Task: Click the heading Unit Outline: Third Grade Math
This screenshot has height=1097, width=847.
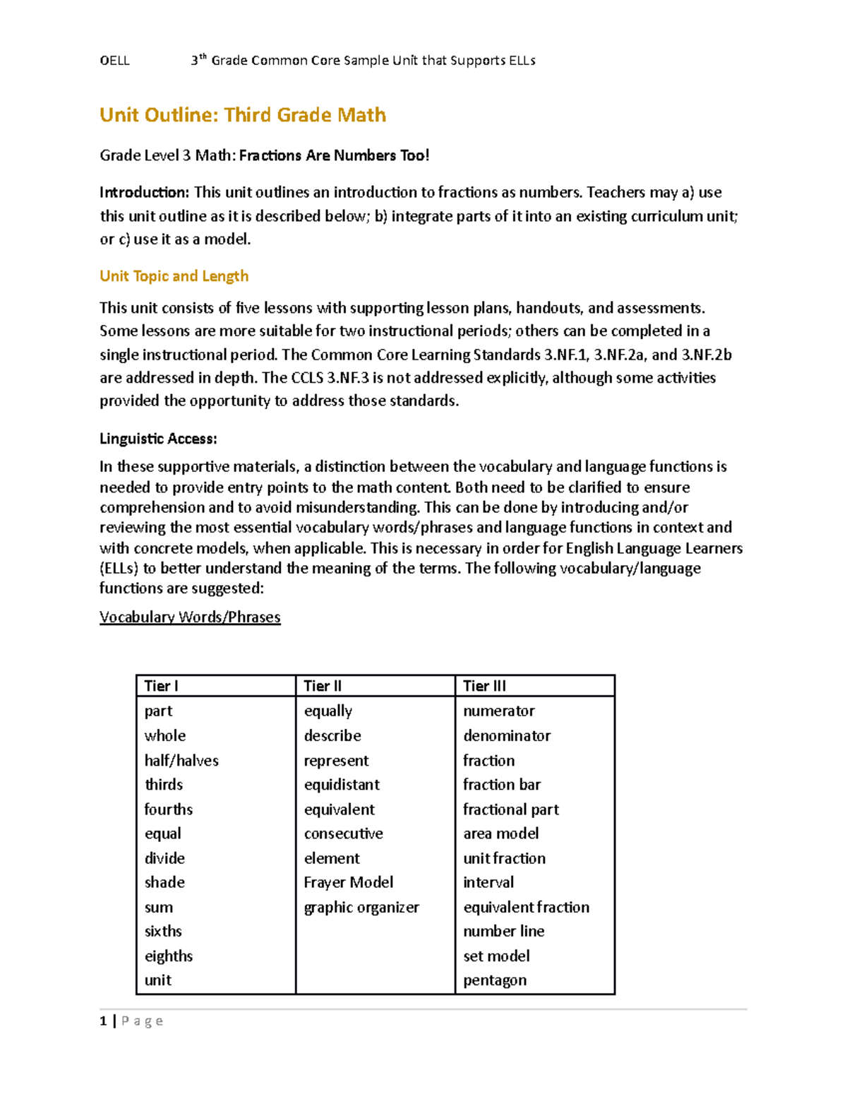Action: tap(242, 115)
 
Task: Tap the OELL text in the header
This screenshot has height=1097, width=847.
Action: tap(114, 61)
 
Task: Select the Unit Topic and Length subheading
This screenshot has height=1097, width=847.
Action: tap(174, 276)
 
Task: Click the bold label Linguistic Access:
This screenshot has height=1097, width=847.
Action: tap(158, 439)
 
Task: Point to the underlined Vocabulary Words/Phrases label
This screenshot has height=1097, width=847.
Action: tap(190, 617)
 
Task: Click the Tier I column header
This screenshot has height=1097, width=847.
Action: tap(161, 686)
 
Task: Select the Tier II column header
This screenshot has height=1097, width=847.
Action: tap(323, 686)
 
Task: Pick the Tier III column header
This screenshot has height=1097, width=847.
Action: tap(484, 686)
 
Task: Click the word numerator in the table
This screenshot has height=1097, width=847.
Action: tap(498, 711)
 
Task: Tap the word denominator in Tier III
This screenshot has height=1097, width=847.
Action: tap(507, 735)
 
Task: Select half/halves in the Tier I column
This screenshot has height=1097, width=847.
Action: tap(181, 760)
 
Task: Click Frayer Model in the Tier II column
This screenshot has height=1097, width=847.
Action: tap(349, 882)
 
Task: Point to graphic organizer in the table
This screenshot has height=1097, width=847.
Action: tap(361, 907)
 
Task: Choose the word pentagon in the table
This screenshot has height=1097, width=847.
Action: tap(495, 980)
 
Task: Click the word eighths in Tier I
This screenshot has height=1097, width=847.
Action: tap(169, 956)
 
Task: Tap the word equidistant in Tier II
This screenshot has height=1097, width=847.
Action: tap(342, 785)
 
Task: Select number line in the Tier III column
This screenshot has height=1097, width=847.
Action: tap(503, 931)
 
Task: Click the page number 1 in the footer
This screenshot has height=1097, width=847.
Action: tap(104, 1021)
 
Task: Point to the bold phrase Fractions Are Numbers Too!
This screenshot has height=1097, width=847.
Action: tap(334, 155)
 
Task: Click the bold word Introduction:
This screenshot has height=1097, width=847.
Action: tap(145, 192)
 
